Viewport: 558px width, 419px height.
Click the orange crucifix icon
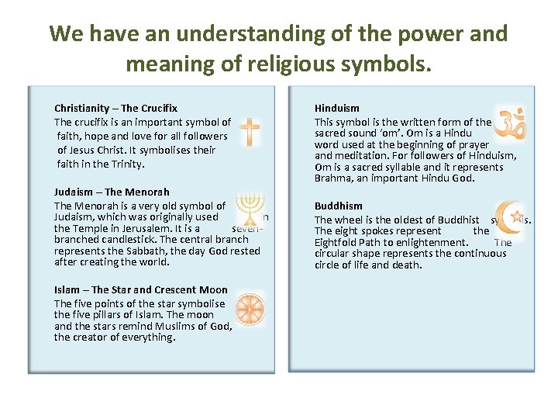point(250,132)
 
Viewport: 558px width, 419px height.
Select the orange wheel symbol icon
point(250,308)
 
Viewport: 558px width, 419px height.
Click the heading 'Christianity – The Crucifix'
point(115,109)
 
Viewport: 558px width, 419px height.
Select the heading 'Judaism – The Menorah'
point(112,192)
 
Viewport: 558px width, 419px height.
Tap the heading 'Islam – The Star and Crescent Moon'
point(141,289)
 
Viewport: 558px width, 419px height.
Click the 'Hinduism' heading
point(336,109)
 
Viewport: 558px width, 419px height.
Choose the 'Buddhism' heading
point(338,206)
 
